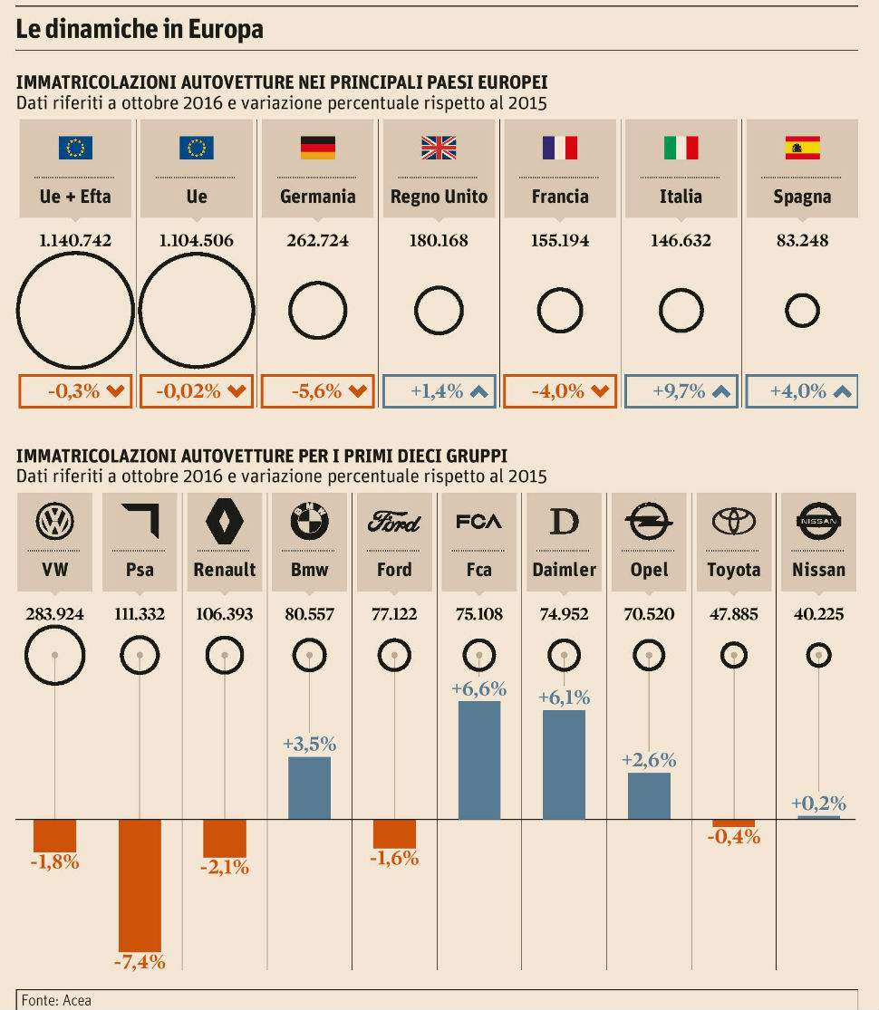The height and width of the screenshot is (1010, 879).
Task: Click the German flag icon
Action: [317, 148]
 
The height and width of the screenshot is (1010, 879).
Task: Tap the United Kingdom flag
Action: [439, 148]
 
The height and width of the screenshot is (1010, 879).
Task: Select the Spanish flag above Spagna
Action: [802, 148]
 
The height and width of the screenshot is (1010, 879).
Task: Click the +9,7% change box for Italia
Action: [681, 391]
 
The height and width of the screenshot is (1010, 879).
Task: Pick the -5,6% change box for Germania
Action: [317, 391]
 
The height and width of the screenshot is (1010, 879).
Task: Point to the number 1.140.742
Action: [75, 241]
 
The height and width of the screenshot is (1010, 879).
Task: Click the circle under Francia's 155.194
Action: [560, 312]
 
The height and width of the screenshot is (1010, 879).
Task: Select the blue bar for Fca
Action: [479, 760]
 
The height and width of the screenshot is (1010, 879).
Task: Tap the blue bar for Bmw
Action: [309, 788]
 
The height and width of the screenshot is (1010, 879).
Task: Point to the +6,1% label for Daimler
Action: [564, 697]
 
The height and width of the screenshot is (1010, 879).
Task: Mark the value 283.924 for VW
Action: [54, 614]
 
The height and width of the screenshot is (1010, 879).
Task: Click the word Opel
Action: [649, 570]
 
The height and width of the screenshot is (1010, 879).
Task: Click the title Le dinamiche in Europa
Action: [140, 29]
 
